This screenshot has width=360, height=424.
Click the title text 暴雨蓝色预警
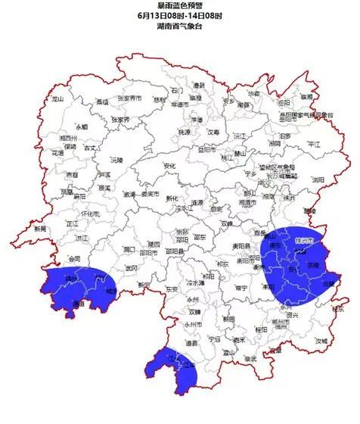pos(179,6)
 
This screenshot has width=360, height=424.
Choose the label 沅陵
pos(116,161)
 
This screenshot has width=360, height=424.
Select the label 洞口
pos(129,248)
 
